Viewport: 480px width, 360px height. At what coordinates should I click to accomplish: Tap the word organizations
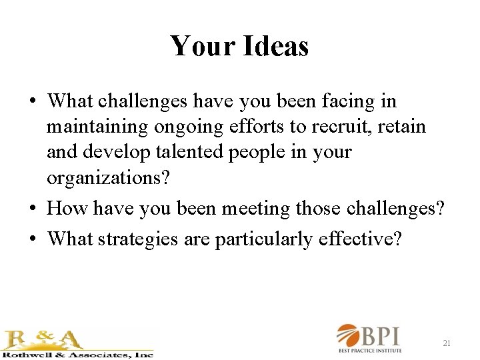101,177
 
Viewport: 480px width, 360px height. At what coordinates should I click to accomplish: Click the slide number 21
447,343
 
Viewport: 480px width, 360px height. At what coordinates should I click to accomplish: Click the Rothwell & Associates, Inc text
77,354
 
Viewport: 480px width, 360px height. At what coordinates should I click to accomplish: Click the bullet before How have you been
32,209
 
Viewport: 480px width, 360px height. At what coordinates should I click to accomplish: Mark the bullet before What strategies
32,239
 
